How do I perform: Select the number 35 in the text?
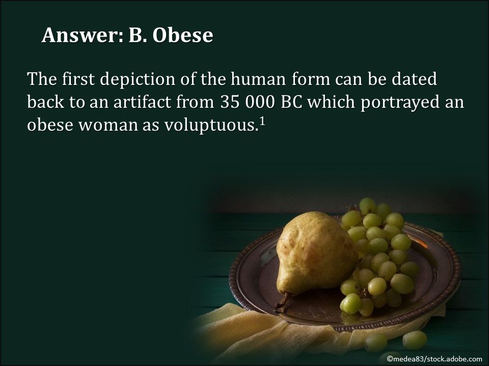pos(230,102)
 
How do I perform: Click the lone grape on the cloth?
pos(414,339)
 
